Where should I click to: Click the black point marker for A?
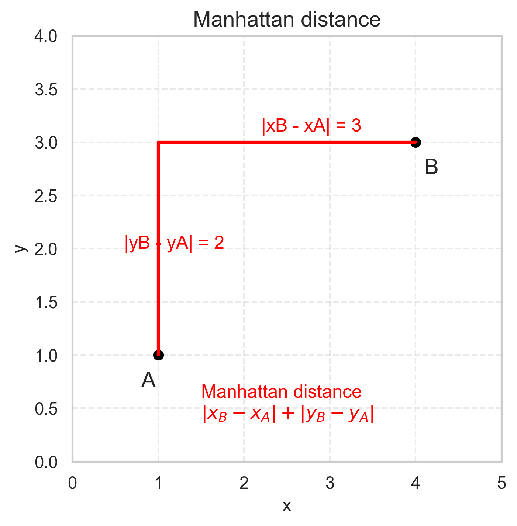[x=158, y=355]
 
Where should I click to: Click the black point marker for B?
[x=416, y=142]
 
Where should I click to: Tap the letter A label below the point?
[x=148, y=380]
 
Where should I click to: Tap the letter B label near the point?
[x=431, y=167]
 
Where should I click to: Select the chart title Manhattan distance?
[x=287, y=20]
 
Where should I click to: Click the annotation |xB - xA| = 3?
[x=311, y=126]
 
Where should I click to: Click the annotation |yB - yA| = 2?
[x=175, y=243]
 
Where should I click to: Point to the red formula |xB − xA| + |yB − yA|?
[x=288, y=414]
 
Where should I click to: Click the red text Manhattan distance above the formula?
[x=281, y=391]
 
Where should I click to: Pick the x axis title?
[x=287, y=506]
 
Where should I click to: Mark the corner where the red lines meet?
[x=158, y=142]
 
